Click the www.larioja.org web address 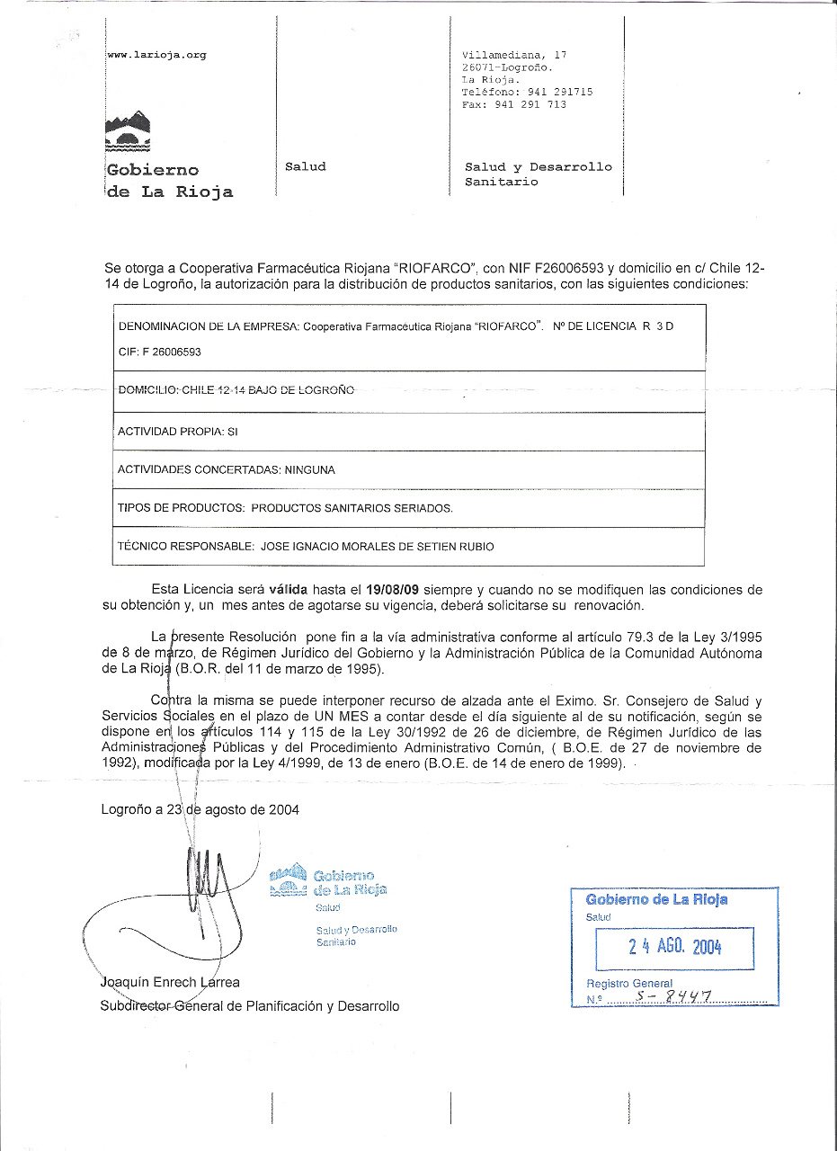(x=157, y=55)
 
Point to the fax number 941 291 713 (x=530, y=104)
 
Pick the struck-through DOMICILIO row (x=236, y=390)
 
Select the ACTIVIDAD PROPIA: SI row (x=177, y=432)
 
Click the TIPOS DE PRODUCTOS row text (x=285, y=508)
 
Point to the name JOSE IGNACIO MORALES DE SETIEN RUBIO (x=377, y=546)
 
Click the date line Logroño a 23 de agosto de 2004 (x=200, y=809)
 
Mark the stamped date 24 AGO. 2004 (x=675, y=946)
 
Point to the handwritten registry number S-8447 (x=672, y=995)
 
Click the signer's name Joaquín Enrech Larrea (x=170, y=982)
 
